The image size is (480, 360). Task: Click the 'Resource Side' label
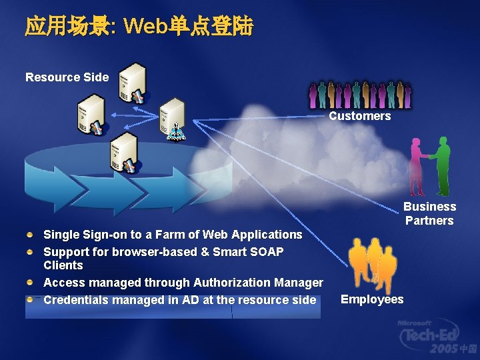(x=67, y=77)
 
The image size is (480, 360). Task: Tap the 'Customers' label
(x=359, y=116)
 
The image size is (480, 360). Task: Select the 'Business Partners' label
(x=429, y=213)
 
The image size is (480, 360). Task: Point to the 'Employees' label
(x=372, y=299)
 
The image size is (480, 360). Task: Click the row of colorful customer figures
(x=359, y=95)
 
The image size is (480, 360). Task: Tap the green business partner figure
(x=441, y=165)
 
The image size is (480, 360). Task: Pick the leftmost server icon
(x=91, y=114)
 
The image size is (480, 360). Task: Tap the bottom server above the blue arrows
(x=123, y=151)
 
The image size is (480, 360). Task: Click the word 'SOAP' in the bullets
(x=266, y=252)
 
